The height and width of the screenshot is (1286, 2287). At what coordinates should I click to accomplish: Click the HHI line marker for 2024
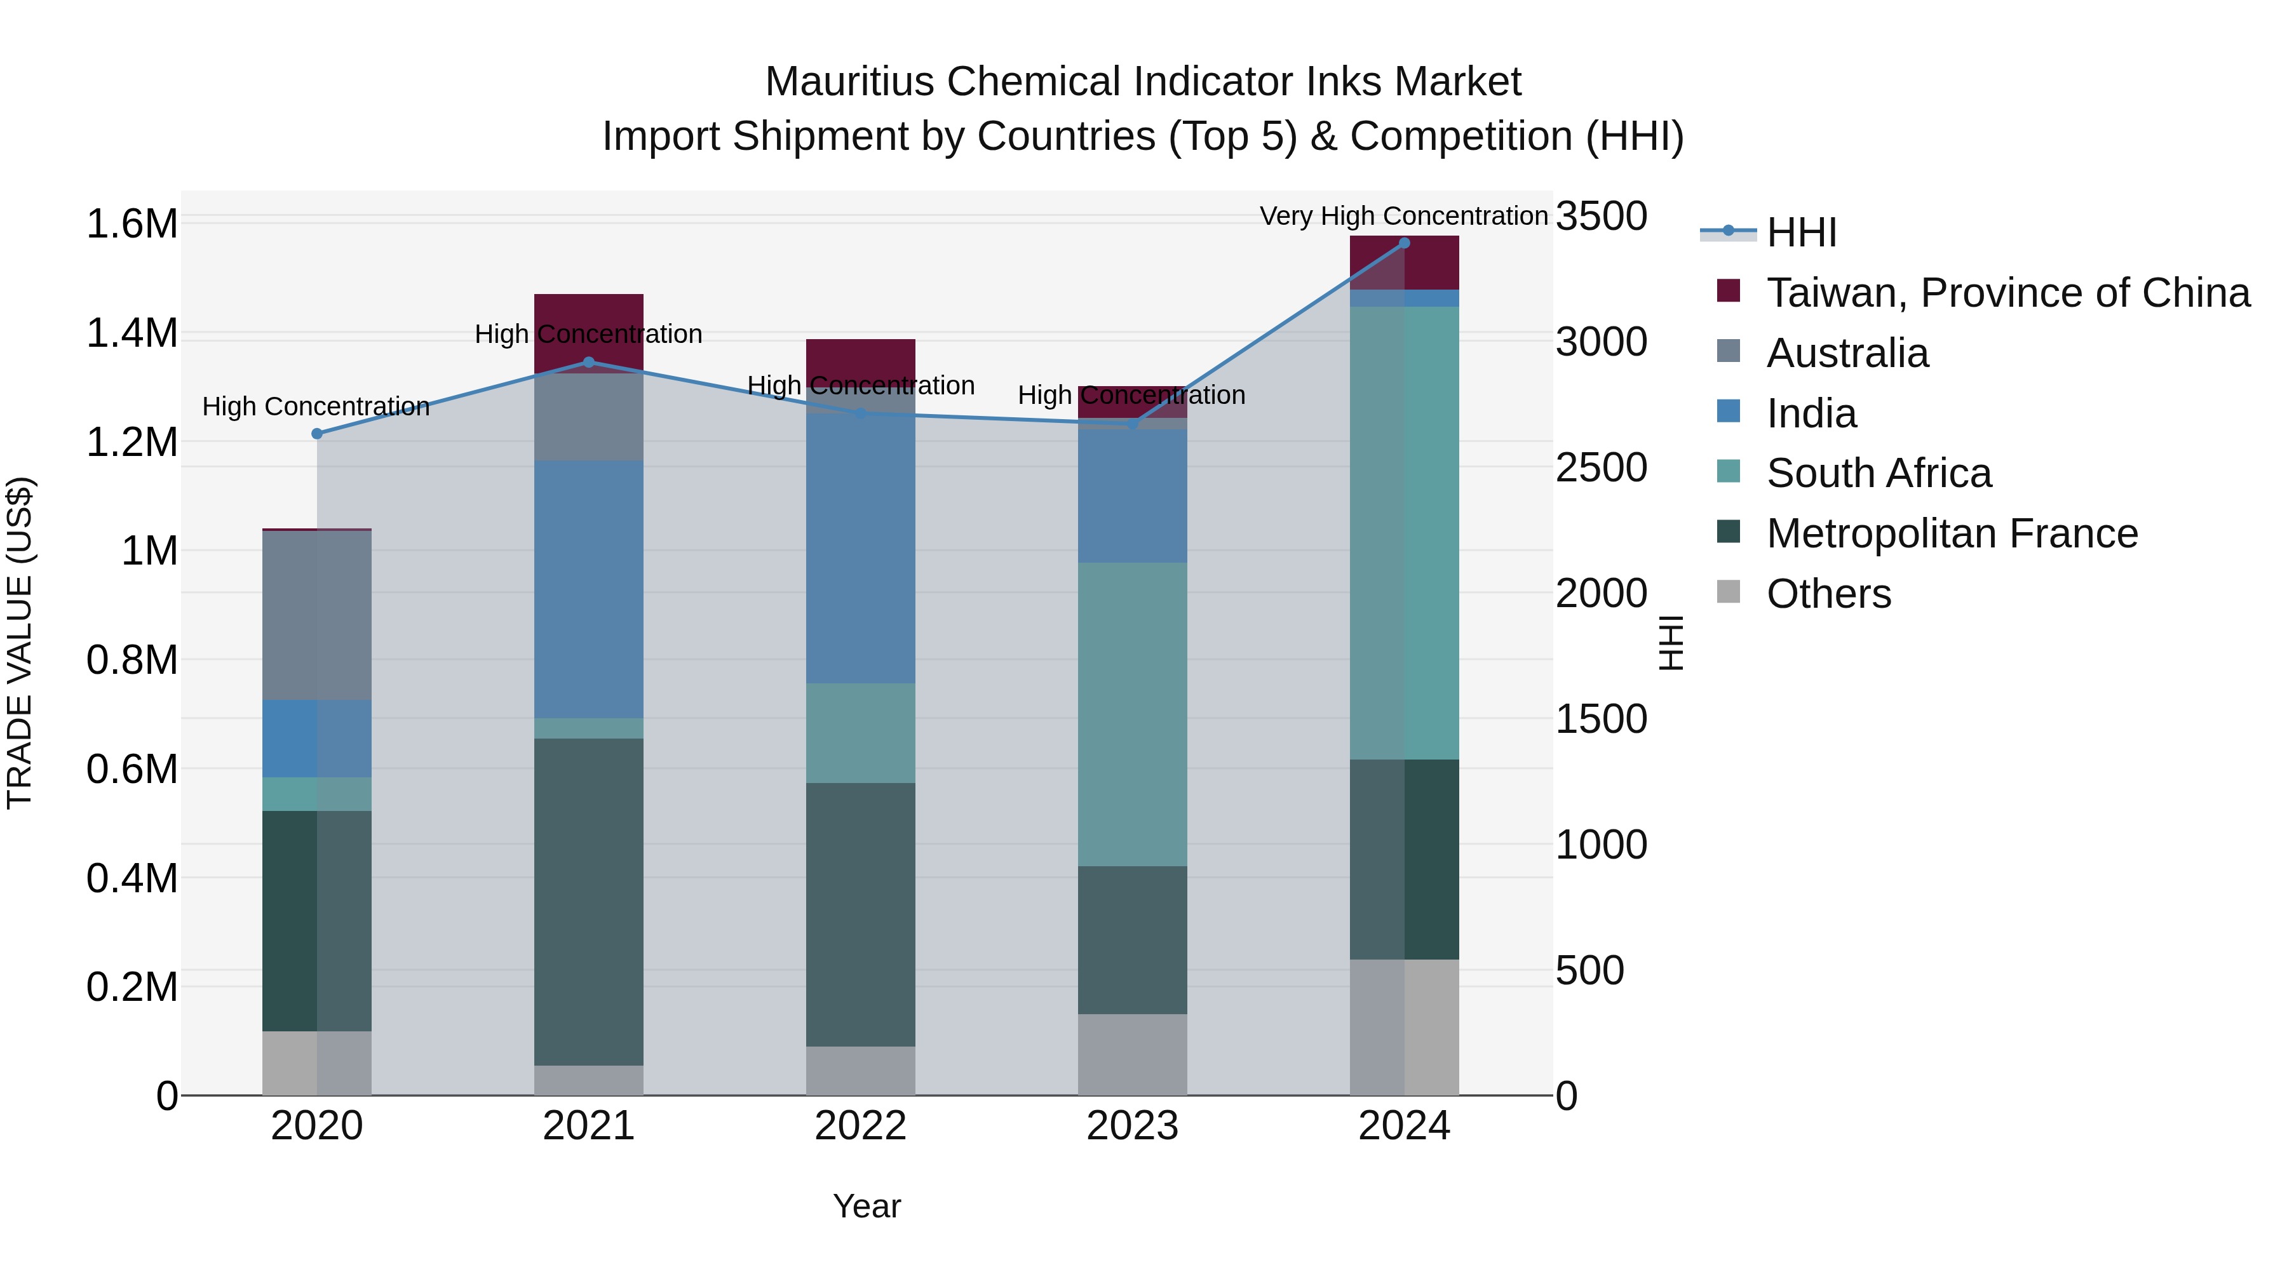click(x=1403, y=243)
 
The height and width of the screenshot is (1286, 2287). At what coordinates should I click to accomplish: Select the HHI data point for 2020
click(x=317, y=434)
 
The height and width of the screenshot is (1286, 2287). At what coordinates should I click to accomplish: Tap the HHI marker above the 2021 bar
click(x=589, y=362)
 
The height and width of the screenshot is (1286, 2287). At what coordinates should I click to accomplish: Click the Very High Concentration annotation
click(x=1403, y=216)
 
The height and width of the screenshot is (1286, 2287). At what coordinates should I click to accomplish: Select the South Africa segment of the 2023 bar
click(x=1132, y=714)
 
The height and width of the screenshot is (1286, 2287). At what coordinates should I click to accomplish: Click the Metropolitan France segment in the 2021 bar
click(x=589, y=901)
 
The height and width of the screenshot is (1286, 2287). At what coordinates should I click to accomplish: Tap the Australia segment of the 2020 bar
click(x=317, y=615)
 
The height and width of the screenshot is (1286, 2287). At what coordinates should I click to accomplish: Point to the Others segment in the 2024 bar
click(x=1403, y=1027)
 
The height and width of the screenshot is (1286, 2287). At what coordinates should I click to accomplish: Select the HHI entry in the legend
click(x=1800, y=232)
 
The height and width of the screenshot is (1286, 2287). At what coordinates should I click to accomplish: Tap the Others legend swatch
click(x=1729, y=592)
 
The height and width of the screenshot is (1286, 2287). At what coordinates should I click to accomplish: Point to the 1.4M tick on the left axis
click(x=132, y=333)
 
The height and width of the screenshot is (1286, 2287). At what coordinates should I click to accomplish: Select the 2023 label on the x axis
click(x=1132, y=1126)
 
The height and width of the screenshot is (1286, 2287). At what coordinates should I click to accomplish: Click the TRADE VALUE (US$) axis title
click(x=20, y=643)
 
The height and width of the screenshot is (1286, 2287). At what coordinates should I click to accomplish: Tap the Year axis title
click(x=867, y=1206)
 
